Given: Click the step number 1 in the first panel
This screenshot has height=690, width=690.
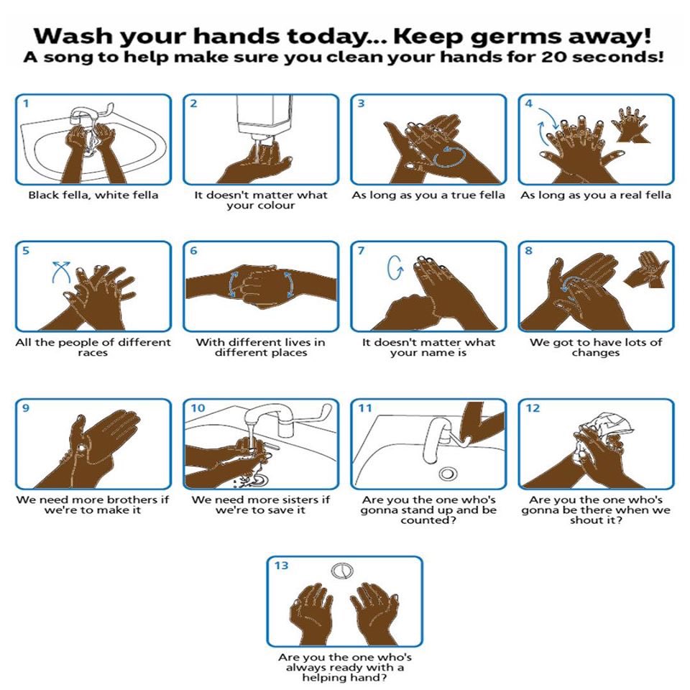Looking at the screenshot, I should coord(26,103).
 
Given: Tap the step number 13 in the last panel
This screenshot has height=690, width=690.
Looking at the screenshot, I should coord(281,566).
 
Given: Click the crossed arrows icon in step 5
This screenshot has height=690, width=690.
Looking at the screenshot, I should coord(62,273).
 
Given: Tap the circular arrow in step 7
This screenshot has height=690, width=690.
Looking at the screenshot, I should coord(395,268).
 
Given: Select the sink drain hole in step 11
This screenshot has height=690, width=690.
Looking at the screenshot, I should coord(449,473).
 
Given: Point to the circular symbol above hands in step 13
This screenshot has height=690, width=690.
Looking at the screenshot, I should coord(344,571).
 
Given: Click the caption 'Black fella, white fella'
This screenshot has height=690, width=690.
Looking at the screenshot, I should coord(93,195).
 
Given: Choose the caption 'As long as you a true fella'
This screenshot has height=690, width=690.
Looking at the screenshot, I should coord(428,195).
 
